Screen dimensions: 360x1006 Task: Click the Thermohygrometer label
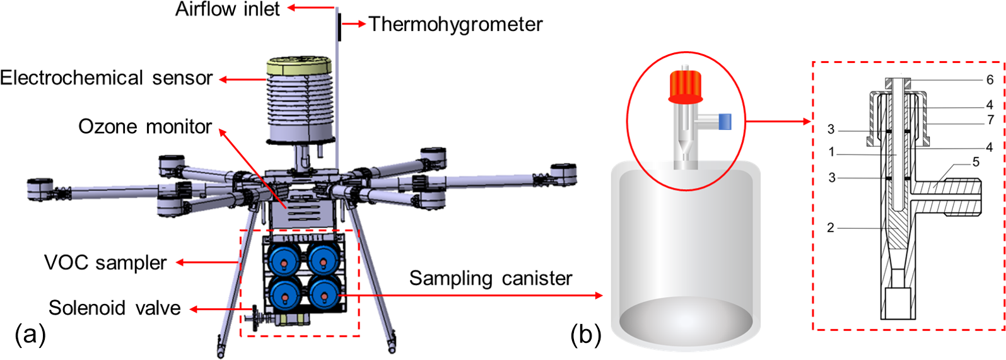click(x=455, y=25)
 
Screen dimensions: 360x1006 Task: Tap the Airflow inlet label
click(x=227, y=9)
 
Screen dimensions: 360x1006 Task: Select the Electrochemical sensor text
click(x=106, y=78)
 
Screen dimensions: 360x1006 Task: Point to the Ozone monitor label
click(x=145, y=127)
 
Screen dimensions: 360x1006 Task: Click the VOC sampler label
click(x=105, y=263)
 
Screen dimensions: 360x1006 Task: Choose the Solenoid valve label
click(x=114, y=308)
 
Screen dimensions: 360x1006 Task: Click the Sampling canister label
click(x=491, y=278)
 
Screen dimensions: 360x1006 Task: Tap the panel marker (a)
click(x=30, y=334)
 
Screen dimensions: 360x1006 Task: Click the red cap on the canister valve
click(x=686, y=86)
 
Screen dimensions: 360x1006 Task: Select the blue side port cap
click(x=725, y=121)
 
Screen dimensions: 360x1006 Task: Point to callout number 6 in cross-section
click(x=990, y=80)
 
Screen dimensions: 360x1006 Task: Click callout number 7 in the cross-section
click(x=990, y=120)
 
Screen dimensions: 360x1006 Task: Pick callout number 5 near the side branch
click(x=976, y=162)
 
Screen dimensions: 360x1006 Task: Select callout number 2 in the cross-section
click(x=831, y=228)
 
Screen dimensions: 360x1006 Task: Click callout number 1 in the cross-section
click(x=831, y=152)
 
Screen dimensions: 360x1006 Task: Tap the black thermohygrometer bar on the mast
click(x=339, y=27)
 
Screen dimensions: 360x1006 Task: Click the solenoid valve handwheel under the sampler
click(x=255, y=318)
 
